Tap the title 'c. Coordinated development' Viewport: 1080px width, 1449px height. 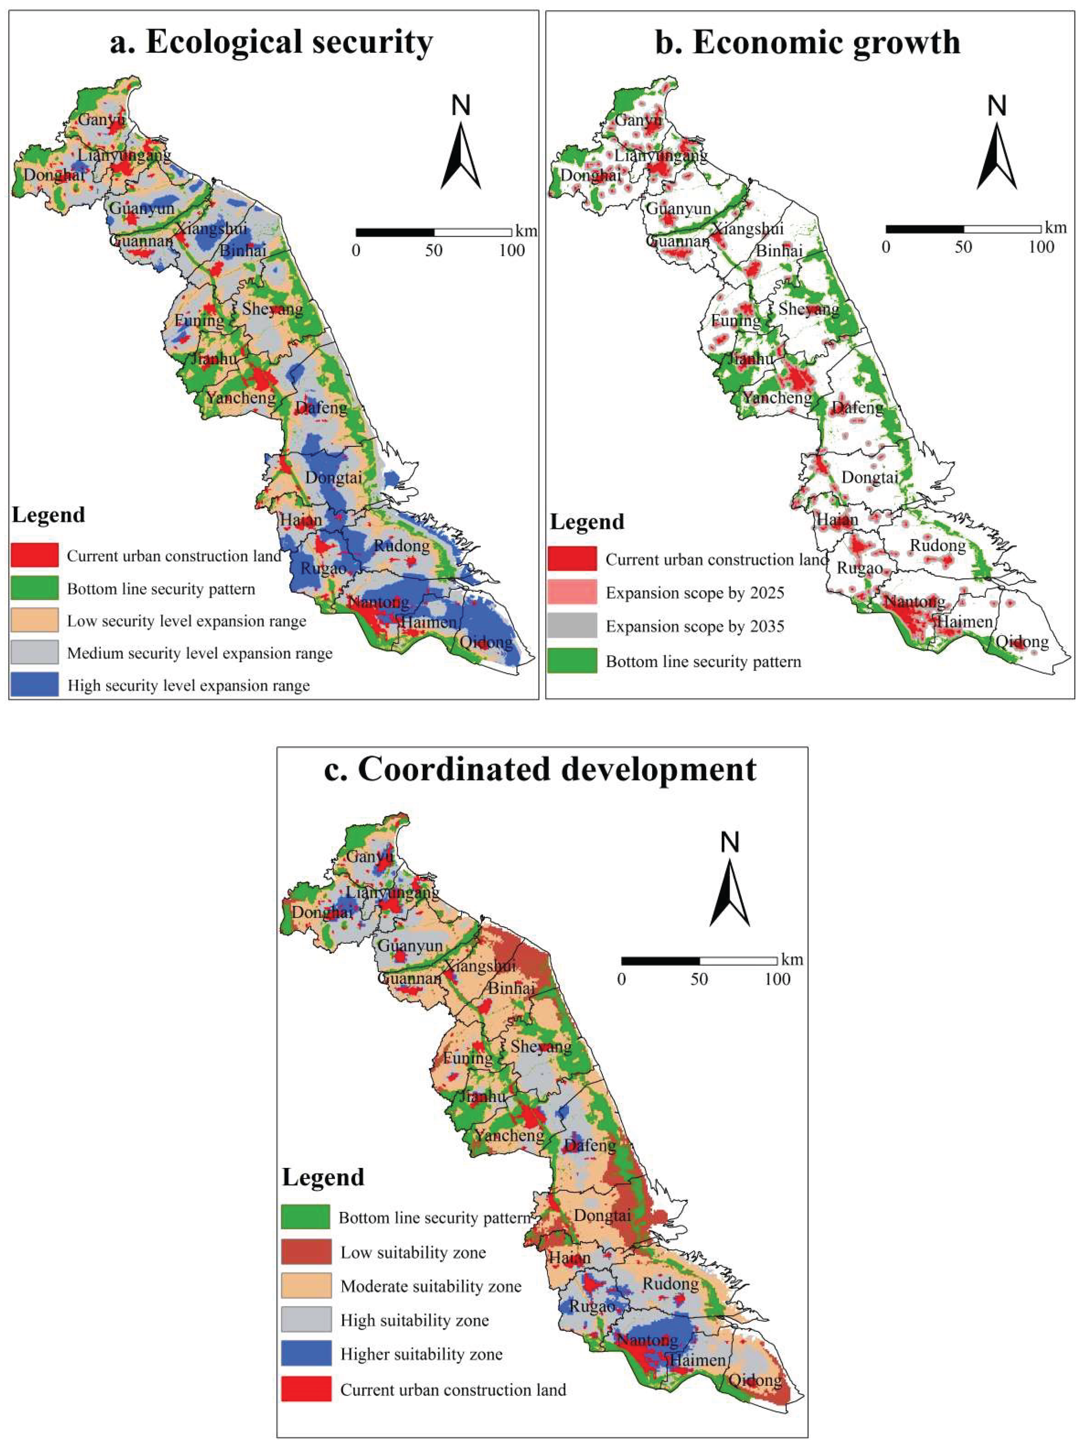(540, 769)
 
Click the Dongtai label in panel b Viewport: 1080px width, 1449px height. (870, 478)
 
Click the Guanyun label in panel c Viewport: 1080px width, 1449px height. (410, 945)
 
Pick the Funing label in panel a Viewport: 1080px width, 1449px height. (199, 321)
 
